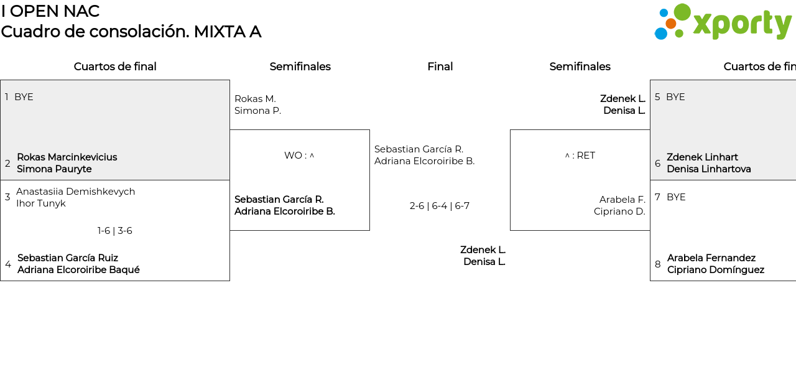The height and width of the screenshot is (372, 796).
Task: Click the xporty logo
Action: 723,22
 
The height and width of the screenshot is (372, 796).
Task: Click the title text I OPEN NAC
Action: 50,11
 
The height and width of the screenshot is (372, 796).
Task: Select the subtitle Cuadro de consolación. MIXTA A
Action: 131,32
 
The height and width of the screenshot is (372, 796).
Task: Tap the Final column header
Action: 440,67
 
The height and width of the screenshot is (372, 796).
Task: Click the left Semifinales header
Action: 300,67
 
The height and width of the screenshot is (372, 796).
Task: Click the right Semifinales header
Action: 580,67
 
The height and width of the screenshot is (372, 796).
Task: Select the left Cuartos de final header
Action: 115,67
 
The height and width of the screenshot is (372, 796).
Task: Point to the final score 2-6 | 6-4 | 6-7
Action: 439,206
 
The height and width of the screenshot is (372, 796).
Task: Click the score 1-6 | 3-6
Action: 115,231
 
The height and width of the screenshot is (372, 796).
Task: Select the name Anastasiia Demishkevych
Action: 75,192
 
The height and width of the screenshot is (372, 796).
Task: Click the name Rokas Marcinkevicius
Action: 67,157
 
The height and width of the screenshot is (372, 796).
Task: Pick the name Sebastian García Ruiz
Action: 68,258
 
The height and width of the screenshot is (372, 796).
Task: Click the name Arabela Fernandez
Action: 711,258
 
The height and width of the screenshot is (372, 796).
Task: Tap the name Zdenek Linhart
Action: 702,157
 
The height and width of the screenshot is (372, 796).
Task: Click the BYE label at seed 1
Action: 24,97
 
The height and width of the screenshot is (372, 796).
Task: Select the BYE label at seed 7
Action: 676,197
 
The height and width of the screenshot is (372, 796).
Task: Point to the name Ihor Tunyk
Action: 41,203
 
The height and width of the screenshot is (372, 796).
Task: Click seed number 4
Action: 8,264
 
